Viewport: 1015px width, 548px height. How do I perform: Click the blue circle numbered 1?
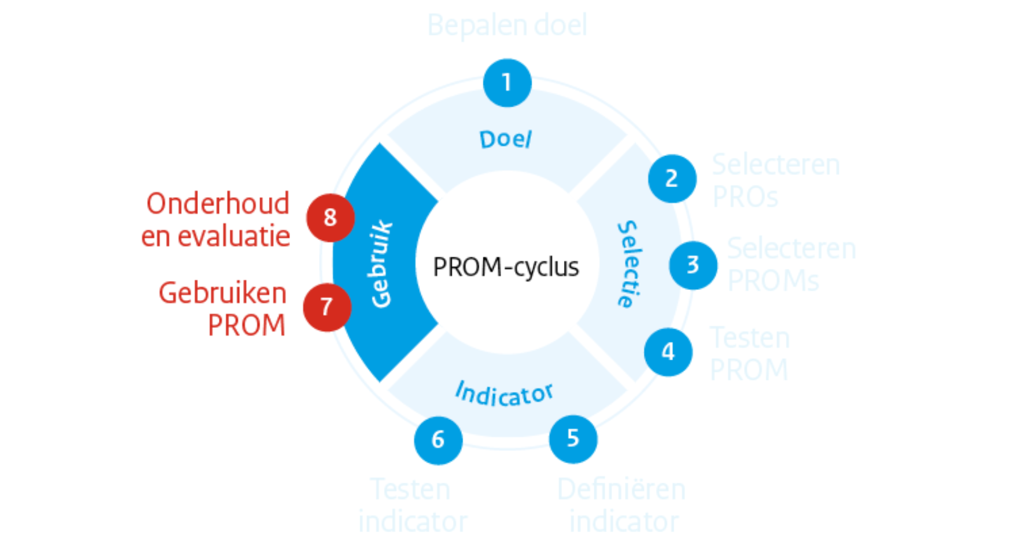click(x=507, y=82)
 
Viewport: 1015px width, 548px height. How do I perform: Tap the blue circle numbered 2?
click(x=672, y=179)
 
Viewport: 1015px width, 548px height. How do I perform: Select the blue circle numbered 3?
click(x=693, y=265)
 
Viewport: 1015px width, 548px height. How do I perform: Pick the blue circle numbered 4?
click(x=668, y=352)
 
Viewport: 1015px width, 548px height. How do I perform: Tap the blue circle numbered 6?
click(x=438, y=440)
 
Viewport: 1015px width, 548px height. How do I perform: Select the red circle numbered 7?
click(x=327, y=308)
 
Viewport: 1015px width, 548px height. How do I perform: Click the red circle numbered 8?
click(x=330, y=218)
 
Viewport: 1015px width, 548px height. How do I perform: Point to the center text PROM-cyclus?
click(x=506, y=267)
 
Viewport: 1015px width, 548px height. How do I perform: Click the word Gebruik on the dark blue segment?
click(x=381, y=264)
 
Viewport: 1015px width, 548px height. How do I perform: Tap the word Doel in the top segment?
click(x=506, y=140)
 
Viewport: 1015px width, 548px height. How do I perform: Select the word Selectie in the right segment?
click(x=629, y=264)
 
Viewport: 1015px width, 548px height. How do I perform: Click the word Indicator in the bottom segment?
click(x=504, y=394)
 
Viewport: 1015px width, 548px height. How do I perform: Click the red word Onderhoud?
click(x=218, y=204)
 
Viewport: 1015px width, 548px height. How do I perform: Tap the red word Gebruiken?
click(x=223, y=293)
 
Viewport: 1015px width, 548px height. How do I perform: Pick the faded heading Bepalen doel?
click(x=507, y=26)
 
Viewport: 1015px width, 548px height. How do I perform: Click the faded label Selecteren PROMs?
click(x=791, y=264)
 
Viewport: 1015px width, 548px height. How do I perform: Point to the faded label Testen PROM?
click(x=749, y=353)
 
